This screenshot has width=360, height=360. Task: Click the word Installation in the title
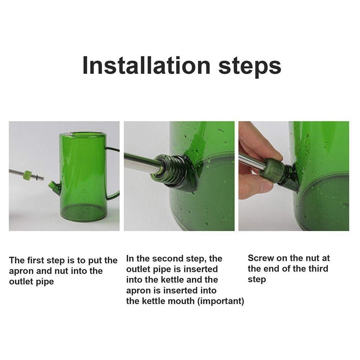(x=147, y=65)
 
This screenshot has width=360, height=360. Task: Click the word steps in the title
(x=250, y=67)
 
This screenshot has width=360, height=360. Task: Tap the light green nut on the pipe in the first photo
(x=27, y=175)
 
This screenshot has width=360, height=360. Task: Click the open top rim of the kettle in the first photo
(x=82, y=134)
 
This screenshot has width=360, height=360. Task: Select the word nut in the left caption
(x=62, y=271)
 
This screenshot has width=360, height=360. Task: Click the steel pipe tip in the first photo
(x=43, y=178)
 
